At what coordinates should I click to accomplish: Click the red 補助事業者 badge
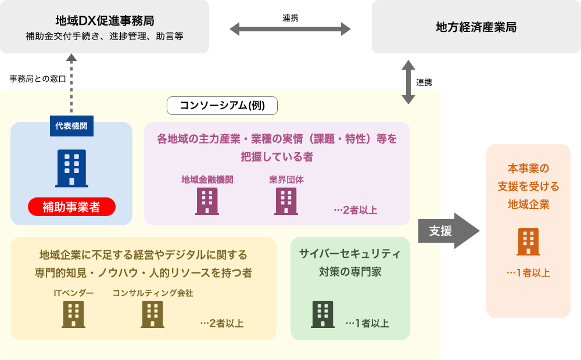(x=71, y=207)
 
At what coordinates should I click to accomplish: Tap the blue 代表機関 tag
(x=71, y=125)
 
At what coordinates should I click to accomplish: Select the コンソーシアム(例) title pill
(x=222, y=105)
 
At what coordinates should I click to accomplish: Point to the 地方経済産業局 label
(x=476, y=27)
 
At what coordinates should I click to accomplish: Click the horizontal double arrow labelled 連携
(x=290, y=29)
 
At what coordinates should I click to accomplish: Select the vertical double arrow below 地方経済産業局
(x=408, y=82)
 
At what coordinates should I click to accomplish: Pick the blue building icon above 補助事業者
(x=71, y=168)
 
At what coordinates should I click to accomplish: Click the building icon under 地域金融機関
(x=207, y=201)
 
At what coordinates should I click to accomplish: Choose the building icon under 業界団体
(x=286, y=201)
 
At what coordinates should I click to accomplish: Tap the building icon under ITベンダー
(x=73, y=314)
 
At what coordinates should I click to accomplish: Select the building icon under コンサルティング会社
(x=152, y=314)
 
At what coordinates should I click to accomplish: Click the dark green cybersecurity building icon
(x=322, y=314)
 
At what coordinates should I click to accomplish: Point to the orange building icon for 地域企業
(x=528, y=242)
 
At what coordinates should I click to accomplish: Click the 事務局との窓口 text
(x=38, y=78)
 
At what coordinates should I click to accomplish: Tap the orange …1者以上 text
(x=528, y=272)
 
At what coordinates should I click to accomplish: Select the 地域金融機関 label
(x=207, y=179)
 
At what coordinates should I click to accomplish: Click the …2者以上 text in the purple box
(x=355, y=210)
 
